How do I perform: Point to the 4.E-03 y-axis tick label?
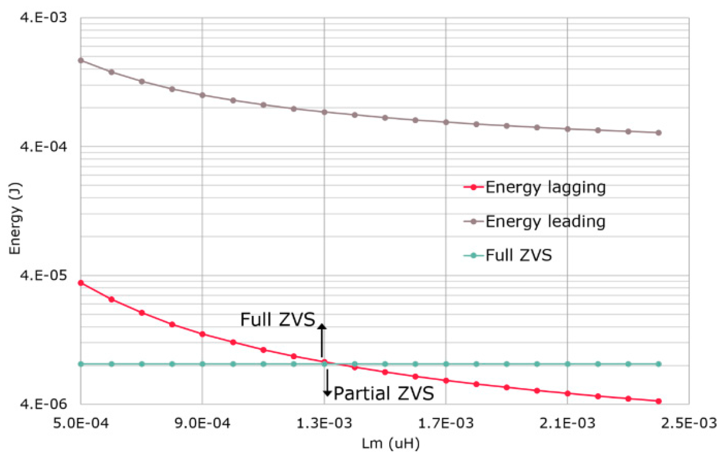pyautogui.click(x=43, y=17)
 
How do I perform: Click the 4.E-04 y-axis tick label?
pyautogui.click(x=43, y=146)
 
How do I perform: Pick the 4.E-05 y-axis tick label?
pyautogui.click(x=43, y=275)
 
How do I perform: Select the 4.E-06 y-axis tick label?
pyautogui.click(x=43, y=404)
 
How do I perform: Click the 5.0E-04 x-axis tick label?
pyautogui.click(x=81, y=423)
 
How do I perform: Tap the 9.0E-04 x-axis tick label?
pyautogui.click(x=202, y=423)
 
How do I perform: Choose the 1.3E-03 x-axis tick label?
pyautogui.click(x=324, y=423)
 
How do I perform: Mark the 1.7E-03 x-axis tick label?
pyautogui.click(x=445, y=423)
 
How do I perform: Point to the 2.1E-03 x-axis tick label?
pyautogui.click(x=567, y=423)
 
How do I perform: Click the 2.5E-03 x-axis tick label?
pyautogui.click(x=689, y=423)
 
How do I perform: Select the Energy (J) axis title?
pyautogui.click(x=15, y=218)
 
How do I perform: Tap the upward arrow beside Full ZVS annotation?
pyautogui.click(x=322, y=340)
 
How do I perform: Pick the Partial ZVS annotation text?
pyautogui.click(x=384, y=394)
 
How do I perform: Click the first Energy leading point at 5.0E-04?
pyautogui.click(x=81, y=60)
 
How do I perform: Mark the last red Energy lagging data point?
pyautogui.click(x=658, y=401)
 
